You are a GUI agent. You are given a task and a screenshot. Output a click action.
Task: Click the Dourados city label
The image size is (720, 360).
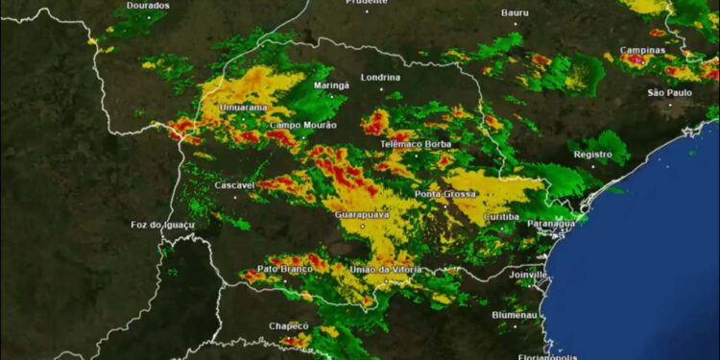(148, 6)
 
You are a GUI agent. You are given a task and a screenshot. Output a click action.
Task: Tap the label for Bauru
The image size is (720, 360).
(515, 12)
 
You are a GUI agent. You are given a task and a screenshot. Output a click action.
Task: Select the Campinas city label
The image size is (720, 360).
(642, 49)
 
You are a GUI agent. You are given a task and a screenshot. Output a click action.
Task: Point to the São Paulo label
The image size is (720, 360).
(669, 92)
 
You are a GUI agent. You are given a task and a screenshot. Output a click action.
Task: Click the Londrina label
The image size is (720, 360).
(380, 77)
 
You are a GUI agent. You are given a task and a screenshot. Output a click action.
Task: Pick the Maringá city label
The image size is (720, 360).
(332, 85)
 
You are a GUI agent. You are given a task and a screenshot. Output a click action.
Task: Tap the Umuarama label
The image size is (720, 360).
(243, 108)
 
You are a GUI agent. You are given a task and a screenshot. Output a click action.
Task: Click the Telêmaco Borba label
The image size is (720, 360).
(417, 144)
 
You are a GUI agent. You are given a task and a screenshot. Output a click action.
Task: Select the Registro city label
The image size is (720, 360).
(592, 154)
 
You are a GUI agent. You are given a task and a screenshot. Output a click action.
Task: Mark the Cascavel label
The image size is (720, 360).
(233, 184)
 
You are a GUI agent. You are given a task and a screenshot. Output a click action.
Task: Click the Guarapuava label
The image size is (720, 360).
(363, 215)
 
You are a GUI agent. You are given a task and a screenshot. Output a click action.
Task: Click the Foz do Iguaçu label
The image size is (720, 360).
(162, 225)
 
